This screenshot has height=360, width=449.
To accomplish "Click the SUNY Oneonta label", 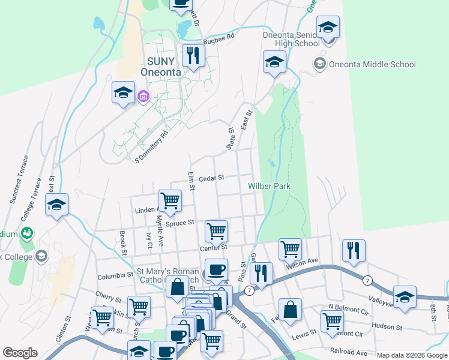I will coord(160,66).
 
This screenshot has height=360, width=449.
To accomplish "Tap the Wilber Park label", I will coord(270,186).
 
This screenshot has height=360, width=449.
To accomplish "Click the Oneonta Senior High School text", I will coord(291,39).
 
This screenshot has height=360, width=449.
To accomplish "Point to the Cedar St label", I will coord(211,178).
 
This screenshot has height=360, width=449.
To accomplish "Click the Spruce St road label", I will coord(180,223).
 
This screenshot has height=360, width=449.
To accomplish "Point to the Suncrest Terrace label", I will coord(17,179).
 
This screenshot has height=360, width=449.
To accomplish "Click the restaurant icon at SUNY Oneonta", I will coord(193,56).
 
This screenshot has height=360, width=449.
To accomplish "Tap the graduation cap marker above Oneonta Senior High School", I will coord(328,28).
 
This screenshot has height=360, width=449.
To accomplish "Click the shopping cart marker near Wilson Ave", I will coord(290,247).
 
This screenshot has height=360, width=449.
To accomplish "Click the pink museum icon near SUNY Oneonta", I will coord(143,96).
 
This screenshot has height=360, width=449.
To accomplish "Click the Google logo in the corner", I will coord(20,353).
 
